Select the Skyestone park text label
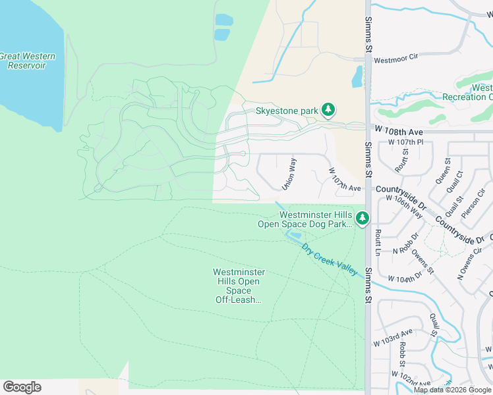(x=287, y=111)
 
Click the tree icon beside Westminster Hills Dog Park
(x=362, y=218)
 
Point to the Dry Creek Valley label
(x=330, y=259)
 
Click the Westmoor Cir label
(x=396, y=59)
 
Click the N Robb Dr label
(x=407, y=244)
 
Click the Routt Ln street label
(x=378, y=242)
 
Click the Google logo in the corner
(x=22, y=387)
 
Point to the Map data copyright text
(x=451, y=390)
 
